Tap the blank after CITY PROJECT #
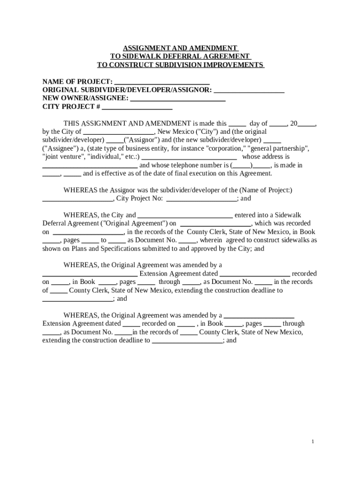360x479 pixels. (x=137, y=107)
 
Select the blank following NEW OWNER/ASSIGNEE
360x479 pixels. (x=178, y=98)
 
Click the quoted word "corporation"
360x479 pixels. (x=225, y=148)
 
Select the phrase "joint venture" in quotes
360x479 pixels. (x=64, y=157)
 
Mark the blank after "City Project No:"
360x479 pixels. (x=202, y=198)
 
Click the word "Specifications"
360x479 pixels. (x=122, y=249)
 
